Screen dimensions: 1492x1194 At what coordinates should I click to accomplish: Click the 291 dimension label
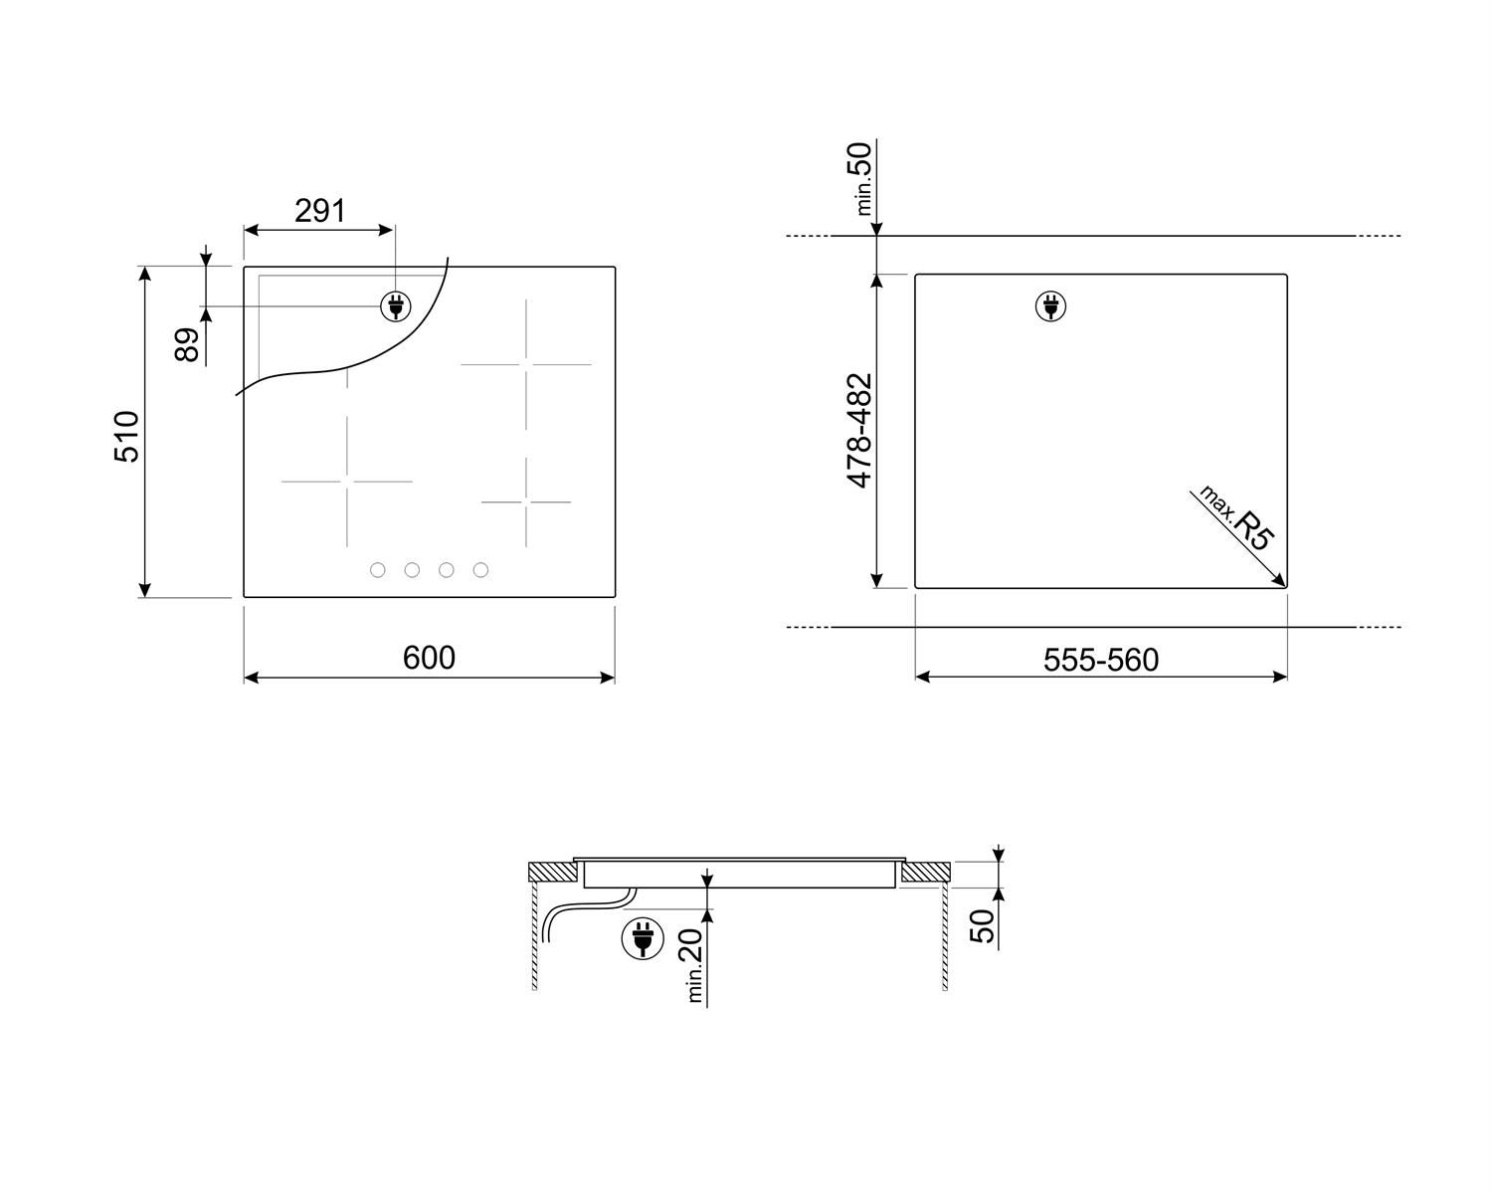point(319,211)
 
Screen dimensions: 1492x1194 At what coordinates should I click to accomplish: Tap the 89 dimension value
point(187,345)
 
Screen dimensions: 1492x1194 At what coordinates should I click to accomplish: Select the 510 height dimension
point(127,437)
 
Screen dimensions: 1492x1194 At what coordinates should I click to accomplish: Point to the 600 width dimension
point(429,658)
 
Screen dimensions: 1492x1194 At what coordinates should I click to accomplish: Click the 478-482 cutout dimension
point(859,430)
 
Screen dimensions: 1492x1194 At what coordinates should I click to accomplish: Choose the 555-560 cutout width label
point(1101,660)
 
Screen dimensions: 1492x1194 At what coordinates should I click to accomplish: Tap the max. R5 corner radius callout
point(1236,518)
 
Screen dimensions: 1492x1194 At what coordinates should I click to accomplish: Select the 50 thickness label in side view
point(982,926)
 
